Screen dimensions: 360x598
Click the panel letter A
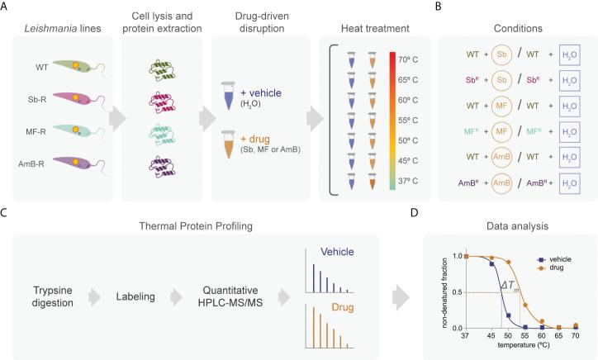(6, 7)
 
